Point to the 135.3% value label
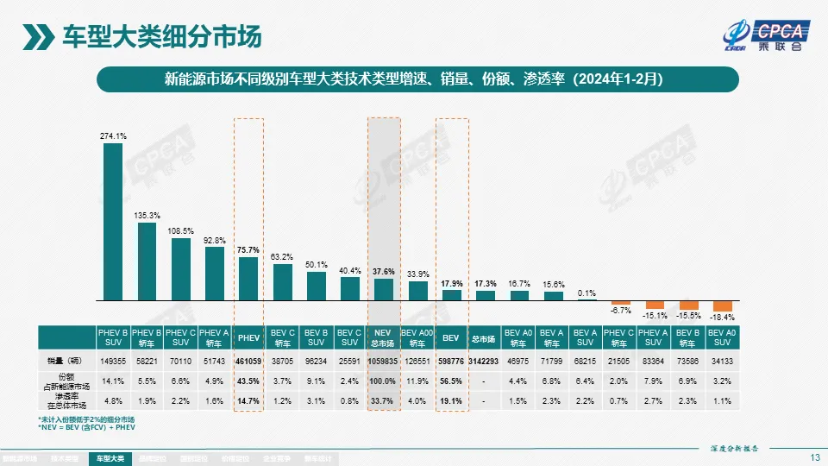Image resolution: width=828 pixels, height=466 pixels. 147,215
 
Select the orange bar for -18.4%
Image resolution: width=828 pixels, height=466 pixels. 722,306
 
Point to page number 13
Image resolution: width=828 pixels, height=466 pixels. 814,457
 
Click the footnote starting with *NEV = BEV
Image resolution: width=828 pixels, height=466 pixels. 86,427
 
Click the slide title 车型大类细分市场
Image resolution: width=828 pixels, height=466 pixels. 161,38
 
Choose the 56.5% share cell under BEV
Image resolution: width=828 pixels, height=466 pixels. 451,381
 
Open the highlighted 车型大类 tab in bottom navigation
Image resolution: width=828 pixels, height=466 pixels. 110,458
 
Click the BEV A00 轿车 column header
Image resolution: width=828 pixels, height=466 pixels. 417,337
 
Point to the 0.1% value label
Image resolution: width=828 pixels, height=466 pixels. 587,292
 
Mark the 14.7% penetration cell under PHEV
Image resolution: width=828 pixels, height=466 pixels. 248,401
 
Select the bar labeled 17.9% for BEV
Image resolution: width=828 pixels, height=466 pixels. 451,294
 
